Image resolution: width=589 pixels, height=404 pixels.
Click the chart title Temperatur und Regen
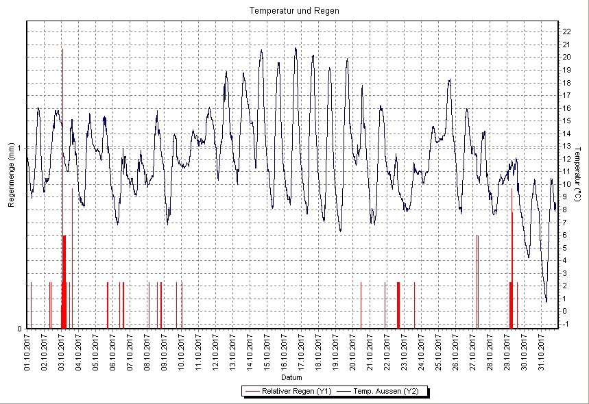(294, 11)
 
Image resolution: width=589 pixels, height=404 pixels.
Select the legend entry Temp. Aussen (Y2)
(387, 392)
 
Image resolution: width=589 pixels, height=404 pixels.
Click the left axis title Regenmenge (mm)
(11, 175)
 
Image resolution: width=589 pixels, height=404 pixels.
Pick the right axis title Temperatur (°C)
(578, 175)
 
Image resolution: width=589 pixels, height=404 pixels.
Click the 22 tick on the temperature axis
(566, 31)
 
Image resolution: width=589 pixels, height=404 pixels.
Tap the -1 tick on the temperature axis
(565, 324)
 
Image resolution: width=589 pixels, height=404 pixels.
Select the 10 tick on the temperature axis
(566, 184)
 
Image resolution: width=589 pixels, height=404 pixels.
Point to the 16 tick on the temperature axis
(566, 108)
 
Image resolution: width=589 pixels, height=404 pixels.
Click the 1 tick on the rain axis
(20, 148)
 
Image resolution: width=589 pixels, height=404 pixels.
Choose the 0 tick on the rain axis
(20, 329)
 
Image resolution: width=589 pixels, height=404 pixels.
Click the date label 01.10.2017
(27, 351)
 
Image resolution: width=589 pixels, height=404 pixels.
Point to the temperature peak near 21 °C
(296, 48)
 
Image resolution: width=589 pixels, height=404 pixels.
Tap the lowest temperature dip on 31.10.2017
(546, 301)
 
